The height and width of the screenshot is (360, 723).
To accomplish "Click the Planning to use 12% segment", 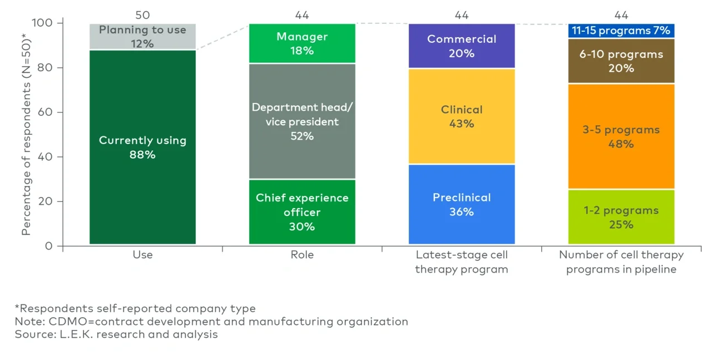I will tap(142, 37).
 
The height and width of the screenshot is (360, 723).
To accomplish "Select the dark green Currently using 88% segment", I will tap(142, 147).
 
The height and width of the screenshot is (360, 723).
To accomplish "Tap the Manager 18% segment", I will tap(302, 43).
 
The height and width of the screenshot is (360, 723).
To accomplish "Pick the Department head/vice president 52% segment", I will tap(302, 121).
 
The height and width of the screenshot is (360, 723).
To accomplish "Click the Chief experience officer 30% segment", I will tap(302, 212).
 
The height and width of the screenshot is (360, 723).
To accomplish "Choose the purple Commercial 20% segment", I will tap(462, 46).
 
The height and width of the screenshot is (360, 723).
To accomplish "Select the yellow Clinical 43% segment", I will tap(462, 117).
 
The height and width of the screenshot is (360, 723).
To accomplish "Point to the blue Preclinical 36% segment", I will tap(462, 205).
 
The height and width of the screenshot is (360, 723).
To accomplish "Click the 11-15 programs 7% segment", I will tap(621, 31).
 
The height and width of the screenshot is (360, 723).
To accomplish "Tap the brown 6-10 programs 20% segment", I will tap(621, 61).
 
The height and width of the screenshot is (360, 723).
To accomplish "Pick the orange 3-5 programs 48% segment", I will tap(621, 137).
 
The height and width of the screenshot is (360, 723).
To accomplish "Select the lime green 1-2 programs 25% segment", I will tap(621, 218).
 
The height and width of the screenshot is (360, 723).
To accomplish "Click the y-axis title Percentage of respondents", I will tap(26, 134).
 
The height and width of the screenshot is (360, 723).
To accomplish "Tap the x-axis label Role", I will tap(302, 255).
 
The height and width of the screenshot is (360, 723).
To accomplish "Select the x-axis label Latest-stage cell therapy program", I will tap(462, 262).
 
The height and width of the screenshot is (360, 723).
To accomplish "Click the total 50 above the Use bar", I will tap(142, 15).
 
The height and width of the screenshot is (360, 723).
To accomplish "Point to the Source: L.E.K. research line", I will tap(116, 334).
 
